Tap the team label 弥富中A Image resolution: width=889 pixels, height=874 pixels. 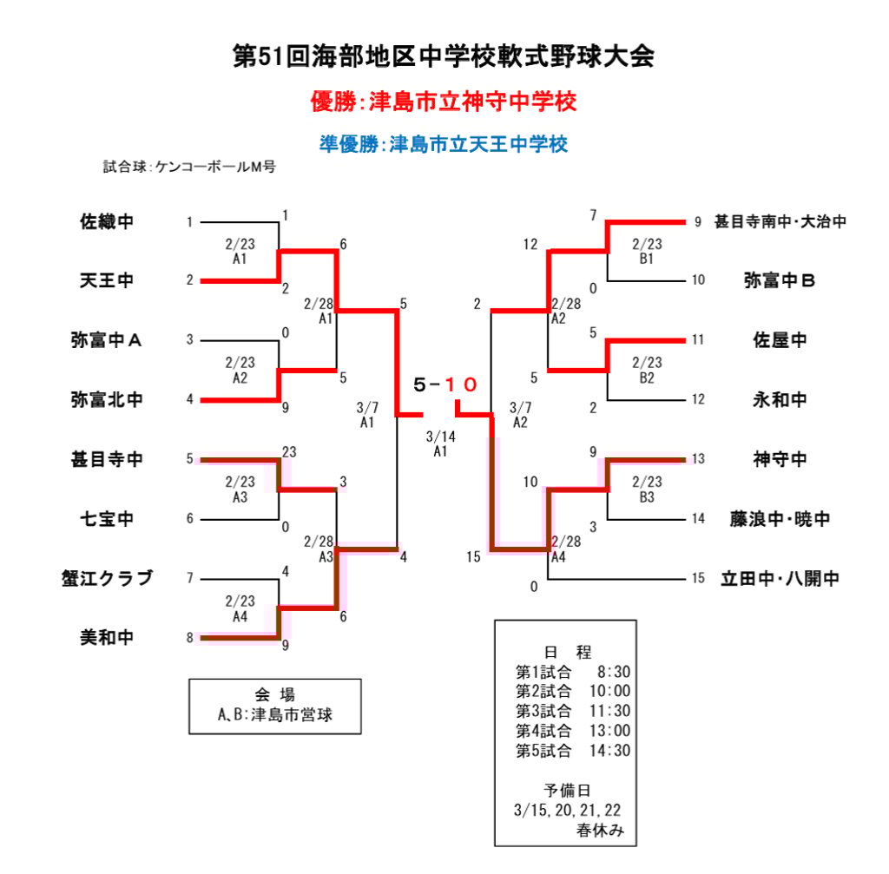(x=106, y=340)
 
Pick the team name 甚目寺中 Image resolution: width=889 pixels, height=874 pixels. (x=107, y=458)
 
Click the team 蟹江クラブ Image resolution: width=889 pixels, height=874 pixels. (x=107, y=578)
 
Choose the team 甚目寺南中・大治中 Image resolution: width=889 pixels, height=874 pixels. (x=780, y=221)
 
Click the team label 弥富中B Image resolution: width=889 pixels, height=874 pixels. (x=780, y=280)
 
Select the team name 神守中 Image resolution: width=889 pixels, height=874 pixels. (x=780, y=458)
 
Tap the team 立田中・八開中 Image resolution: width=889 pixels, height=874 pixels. (x=780, y=578)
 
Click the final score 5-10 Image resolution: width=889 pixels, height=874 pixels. (x=446, y=384)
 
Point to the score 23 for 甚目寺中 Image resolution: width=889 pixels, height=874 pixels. (x=289, y=451)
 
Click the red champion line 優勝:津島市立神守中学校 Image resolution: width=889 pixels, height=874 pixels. (x=444, y=102)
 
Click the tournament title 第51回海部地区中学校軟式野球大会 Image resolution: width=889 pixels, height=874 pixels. (x=444, y=56)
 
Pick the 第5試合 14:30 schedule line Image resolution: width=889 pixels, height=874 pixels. (x=573, y=751)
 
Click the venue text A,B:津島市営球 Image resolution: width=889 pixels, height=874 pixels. (x=275, y=716)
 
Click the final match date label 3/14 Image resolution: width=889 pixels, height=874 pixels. (x=440, y=437)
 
